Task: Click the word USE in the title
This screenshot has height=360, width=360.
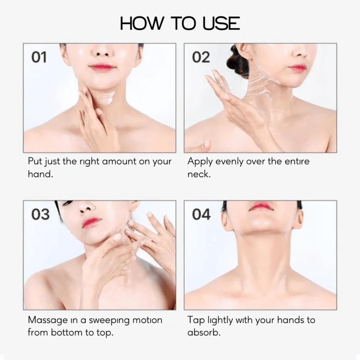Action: point(221,23)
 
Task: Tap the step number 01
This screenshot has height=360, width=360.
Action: point(39,57)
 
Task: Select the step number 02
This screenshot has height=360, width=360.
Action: point(201,57)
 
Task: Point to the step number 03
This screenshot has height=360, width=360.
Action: point(40,215)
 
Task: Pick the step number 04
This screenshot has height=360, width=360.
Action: point(201,215)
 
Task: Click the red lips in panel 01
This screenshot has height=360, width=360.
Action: point(102,67)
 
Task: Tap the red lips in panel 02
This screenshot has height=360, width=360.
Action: point(297,68)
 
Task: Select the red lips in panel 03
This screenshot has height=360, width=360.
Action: point(92,222)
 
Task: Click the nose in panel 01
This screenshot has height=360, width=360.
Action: point(102,53)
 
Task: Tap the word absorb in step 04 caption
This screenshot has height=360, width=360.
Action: point(204,332)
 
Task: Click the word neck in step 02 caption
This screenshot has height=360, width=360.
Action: point(199,174)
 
